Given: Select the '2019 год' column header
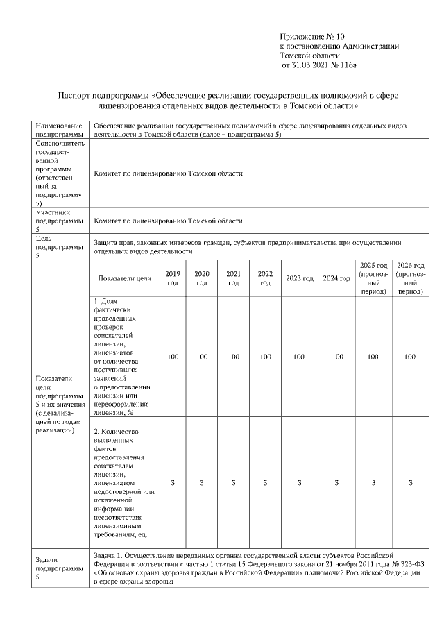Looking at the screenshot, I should pyautogui.click(x=173, y=278).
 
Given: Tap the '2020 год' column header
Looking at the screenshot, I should pyautogui.click(x=202, y=278).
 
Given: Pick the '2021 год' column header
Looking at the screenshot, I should pyautogui.click(x=234, y=278).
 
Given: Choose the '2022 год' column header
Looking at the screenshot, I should pyautogui.click(x=265, y=278).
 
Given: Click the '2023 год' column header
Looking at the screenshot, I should pyautogui.click(x=299, y=278).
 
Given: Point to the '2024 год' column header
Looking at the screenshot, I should pyautogui.click(x=336, y=278).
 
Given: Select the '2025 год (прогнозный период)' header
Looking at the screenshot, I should pyautogui.click(x=373, y=278).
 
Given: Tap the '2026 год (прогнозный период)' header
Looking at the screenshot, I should pyautogui.click(x=410, y=278).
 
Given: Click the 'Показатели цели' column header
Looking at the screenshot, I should pyautogui.click(x=124, y=278).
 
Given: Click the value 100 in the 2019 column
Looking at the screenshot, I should pyautogui.click(x=173, y=357).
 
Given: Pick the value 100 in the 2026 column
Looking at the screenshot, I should pyautogui.click(x=410, y=357).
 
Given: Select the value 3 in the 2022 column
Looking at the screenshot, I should pyautogui.click(x=265, y=482).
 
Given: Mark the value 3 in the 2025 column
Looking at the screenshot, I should pyautogui.click(x=373, y=482).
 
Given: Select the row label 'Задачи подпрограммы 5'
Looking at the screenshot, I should pyautogui.click(x=53, y=568).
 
